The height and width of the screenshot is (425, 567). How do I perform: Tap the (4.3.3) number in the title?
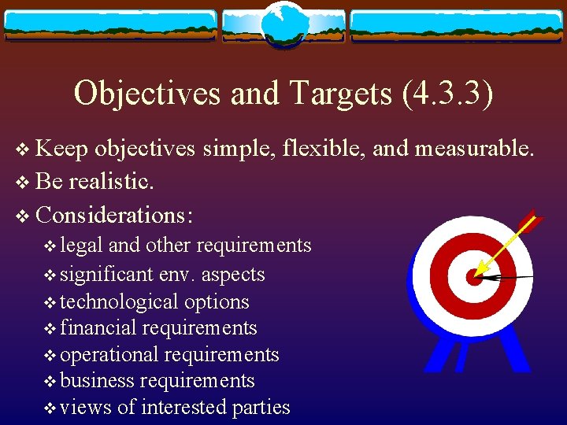(447, 94)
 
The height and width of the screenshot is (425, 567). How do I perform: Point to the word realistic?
(111, 182)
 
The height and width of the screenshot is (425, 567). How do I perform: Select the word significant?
(106, 275)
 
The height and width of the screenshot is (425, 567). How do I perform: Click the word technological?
(119, 301)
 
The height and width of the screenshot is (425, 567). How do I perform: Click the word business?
(97, 381)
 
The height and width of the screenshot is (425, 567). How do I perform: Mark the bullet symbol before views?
(50, 408)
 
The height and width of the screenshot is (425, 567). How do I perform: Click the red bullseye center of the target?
(474, 276)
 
